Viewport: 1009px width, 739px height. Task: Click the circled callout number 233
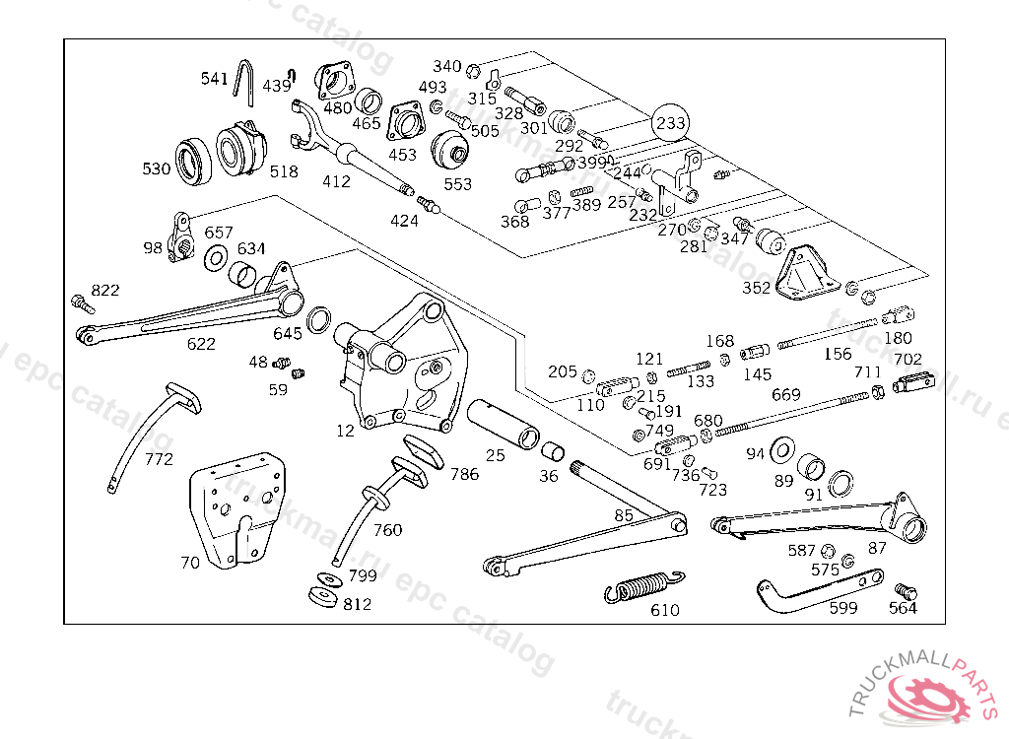tap(671, 123)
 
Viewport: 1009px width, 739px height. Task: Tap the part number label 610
tap(665, 610)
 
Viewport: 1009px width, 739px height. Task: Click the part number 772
tap(159, 459)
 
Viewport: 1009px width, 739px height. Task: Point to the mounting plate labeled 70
tap(232, 511)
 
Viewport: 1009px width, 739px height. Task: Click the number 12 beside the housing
tap(345, 431)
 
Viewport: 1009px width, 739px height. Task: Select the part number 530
tap(156, 168)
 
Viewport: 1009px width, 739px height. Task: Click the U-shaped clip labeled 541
tap(246, 81)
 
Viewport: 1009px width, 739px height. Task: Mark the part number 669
tap(785, 394)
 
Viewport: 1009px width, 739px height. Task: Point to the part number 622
tap(201, 344)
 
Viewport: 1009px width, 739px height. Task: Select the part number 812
tap(357, 604)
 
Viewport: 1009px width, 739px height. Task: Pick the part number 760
tap(387, 530)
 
